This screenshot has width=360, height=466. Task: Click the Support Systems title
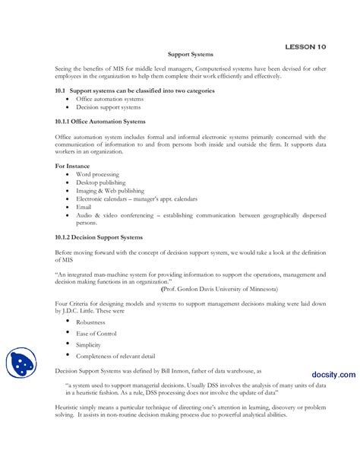point(190,55)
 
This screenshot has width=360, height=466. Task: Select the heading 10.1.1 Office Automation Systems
point(99,122)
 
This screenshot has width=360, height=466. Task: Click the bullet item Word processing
point(97,175)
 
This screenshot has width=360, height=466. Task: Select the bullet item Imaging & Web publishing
point(109,191)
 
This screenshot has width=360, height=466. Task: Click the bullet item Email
point(84,207)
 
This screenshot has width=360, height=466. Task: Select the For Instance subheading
point(72,165)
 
